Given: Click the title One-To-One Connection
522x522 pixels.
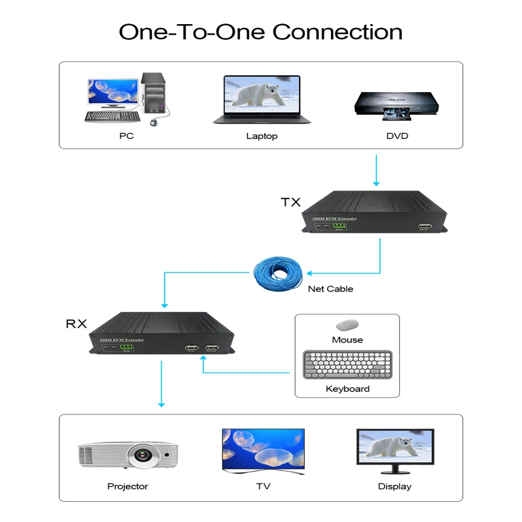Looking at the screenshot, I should [x=260, y=31].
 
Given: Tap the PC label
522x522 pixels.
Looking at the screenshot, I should [x=126, y=136].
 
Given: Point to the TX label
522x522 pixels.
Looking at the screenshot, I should [x=290, y=202].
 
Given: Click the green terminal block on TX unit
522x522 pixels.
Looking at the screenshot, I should [x=339, y=226].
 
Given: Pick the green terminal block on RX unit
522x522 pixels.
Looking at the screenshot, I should [x=126, y=348].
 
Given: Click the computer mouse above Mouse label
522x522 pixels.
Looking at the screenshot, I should [x=346, y=324].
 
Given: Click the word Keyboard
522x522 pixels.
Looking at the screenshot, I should [x=347, y=389].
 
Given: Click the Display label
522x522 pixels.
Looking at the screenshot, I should [x=395, y=486].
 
